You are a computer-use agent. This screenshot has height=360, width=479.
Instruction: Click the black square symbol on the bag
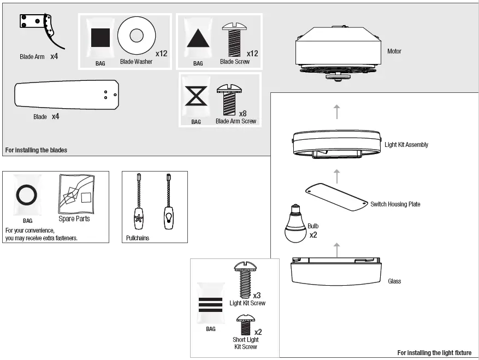tap(100, 38)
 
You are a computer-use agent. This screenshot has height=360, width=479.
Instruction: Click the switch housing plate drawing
tap(336, 196)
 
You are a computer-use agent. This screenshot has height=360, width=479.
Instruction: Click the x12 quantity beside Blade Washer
tap(161, 54)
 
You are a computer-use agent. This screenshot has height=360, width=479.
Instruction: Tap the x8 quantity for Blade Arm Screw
tap(243, 114)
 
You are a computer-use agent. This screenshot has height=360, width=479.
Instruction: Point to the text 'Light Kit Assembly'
tap(406, 145)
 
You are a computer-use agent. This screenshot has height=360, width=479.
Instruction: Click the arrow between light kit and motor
tap(337, 111)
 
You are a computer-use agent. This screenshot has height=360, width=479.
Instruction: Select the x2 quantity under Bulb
tap(313, 235)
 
